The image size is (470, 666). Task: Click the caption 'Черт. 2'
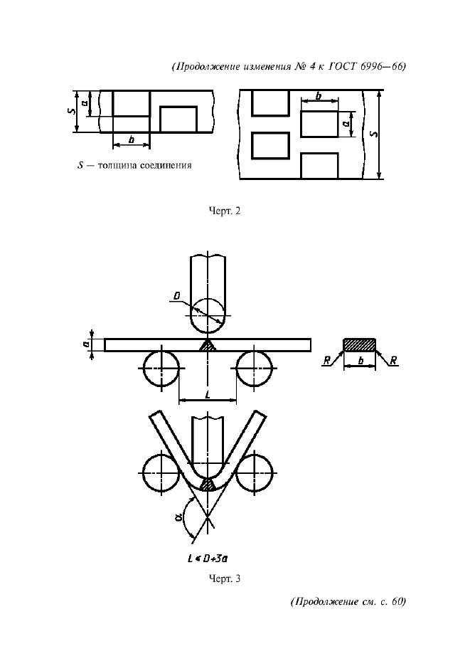click(225, 211)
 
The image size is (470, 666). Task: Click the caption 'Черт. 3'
click(225, 578)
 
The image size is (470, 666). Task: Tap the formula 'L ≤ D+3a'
click(208, 559)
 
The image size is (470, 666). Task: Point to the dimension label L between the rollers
click(208, 395)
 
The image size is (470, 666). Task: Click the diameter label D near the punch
click(176, 295)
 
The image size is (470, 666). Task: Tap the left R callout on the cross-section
click(327, 361)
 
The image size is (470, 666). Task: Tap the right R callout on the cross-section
click(393, 361)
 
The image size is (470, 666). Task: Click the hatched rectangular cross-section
click(359, 345)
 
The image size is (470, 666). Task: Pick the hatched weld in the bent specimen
click(208, 485)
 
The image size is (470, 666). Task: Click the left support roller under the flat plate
click(161, 369)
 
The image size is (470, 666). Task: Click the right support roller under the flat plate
click(254, 369)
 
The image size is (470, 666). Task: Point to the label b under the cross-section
click(361, 361)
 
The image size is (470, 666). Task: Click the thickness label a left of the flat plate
click(86, 344)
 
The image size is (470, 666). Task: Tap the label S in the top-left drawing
click(72, 111)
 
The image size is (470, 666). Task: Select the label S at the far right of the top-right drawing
click(373, 134)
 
